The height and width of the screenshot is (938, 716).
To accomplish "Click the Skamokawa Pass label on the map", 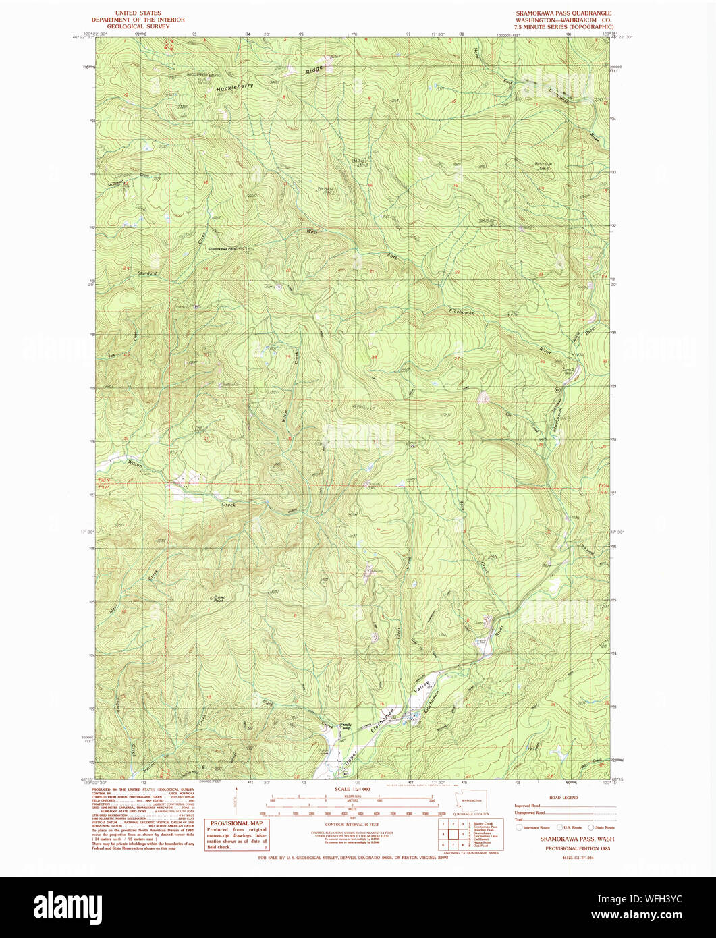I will [x=221, y=249].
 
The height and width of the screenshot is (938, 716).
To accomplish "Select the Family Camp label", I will [x=346, y=727].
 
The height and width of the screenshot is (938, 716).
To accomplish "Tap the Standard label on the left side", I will [x=147, y=273].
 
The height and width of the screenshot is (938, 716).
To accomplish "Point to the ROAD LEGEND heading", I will [x=563, y=798].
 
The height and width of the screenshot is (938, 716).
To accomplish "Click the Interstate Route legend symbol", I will [x=519, y=827].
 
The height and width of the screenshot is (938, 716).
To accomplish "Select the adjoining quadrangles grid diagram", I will [x=450, y=834].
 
